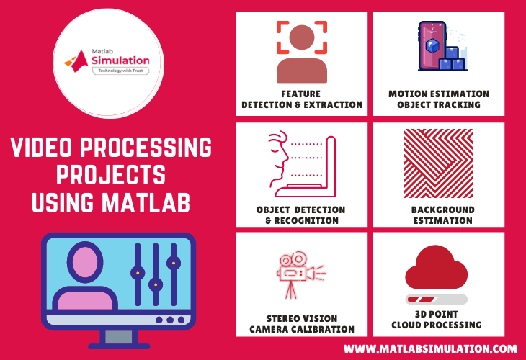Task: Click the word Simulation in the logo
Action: tap(120, 63)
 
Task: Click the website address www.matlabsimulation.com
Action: tap(430, 348)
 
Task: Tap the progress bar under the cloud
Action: tap(437, 299)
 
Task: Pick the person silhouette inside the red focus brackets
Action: tap(302, 50)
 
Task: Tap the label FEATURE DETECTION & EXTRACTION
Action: tap(302, 99)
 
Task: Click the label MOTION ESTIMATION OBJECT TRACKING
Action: tap(438, 99)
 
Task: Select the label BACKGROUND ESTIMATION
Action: tap(438, 215)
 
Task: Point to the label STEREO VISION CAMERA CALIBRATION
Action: tap(302, 324)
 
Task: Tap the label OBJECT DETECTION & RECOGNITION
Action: tap(301, 215)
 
